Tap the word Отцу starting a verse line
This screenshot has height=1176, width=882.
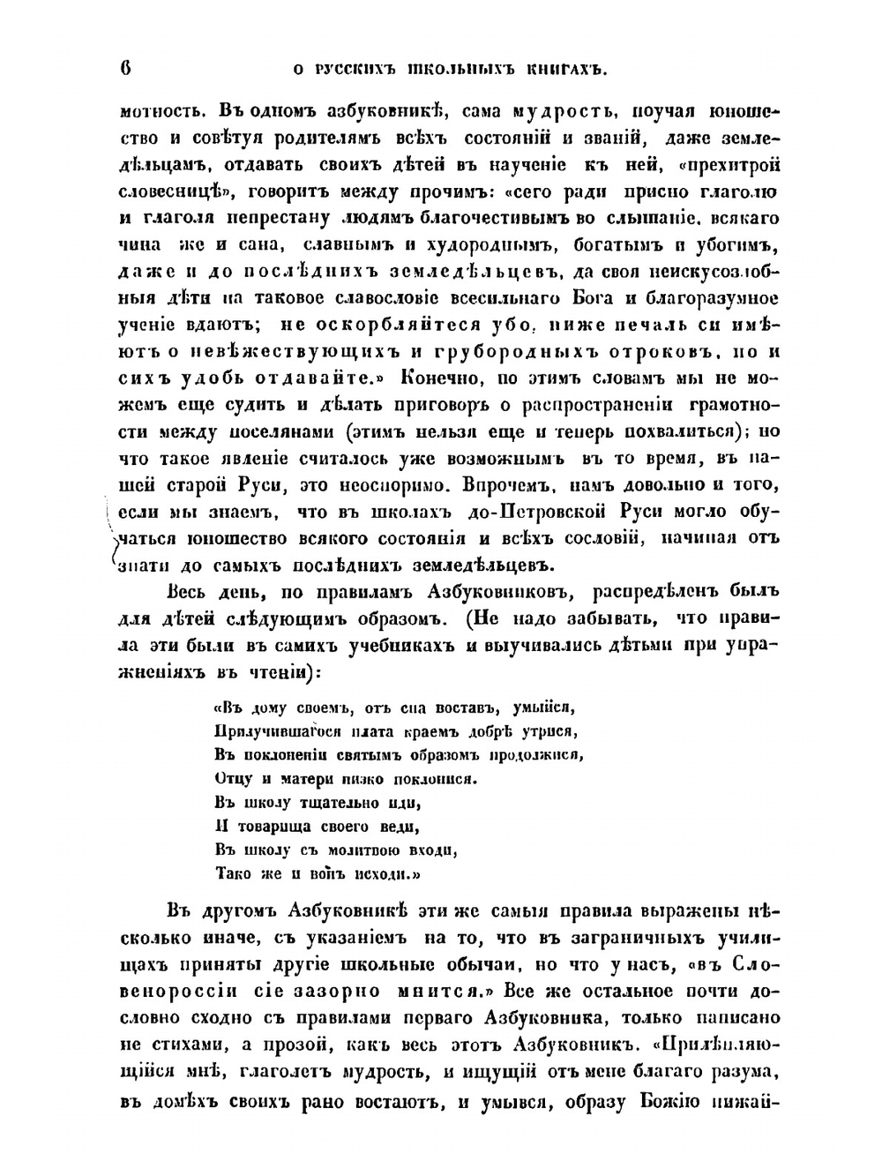(232, 779)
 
